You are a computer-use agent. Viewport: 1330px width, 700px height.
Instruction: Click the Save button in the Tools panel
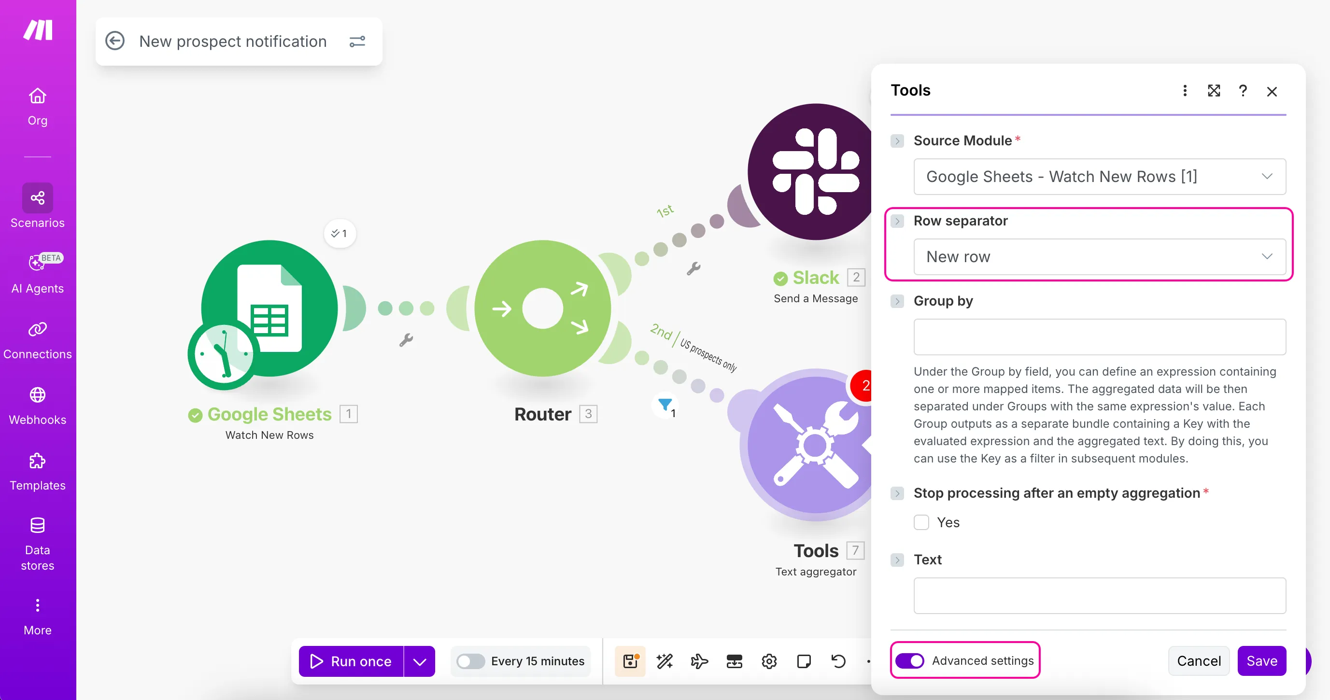point(1261,661)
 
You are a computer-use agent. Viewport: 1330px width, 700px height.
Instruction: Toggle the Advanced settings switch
point(910,661)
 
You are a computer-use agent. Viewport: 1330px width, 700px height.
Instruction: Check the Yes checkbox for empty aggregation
point(921,522)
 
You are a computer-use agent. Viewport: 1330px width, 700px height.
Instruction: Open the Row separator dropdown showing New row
point(1099,256)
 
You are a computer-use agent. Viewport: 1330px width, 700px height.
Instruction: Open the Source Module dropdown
point(1099,177)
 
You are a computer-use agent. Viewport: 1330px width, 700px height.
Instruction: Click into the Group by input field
point(1099,337)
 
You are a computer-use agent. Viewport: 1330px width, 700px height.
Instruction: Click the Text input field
point(1099,595)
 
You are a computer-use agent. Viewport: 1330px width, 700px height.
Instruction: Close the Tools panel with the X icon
point(1272,91)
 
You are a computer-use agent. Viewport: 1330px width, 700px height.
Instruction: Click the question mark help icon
point(1243,91)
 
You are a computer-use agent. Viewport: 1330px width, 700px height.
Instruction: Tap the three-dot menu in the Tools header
point(1185,91)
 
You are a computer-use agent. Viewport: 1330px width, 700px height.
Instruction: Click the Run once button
point(351,661)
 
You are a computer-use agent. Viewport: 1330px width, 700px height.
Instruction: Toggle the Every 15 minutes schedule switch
point(470,661)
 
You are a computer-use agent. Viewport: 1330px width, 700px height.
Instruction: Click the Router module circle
point(543,308)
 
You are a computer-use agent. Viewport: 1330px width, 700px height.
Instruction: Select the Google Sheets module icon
point(269,308)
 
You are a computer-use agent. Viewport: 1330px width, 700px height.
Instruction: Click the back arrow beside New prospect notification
point(114,41)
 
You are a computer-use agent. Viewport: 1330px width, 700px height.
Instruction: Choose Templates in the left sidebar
point(37,472)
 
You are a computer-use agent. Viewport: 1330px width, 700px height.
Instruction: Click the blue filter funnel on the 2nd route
point(665,404)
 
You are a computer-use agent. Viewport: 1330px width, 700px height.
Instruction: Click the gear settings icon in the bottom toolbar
point(769,661)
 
